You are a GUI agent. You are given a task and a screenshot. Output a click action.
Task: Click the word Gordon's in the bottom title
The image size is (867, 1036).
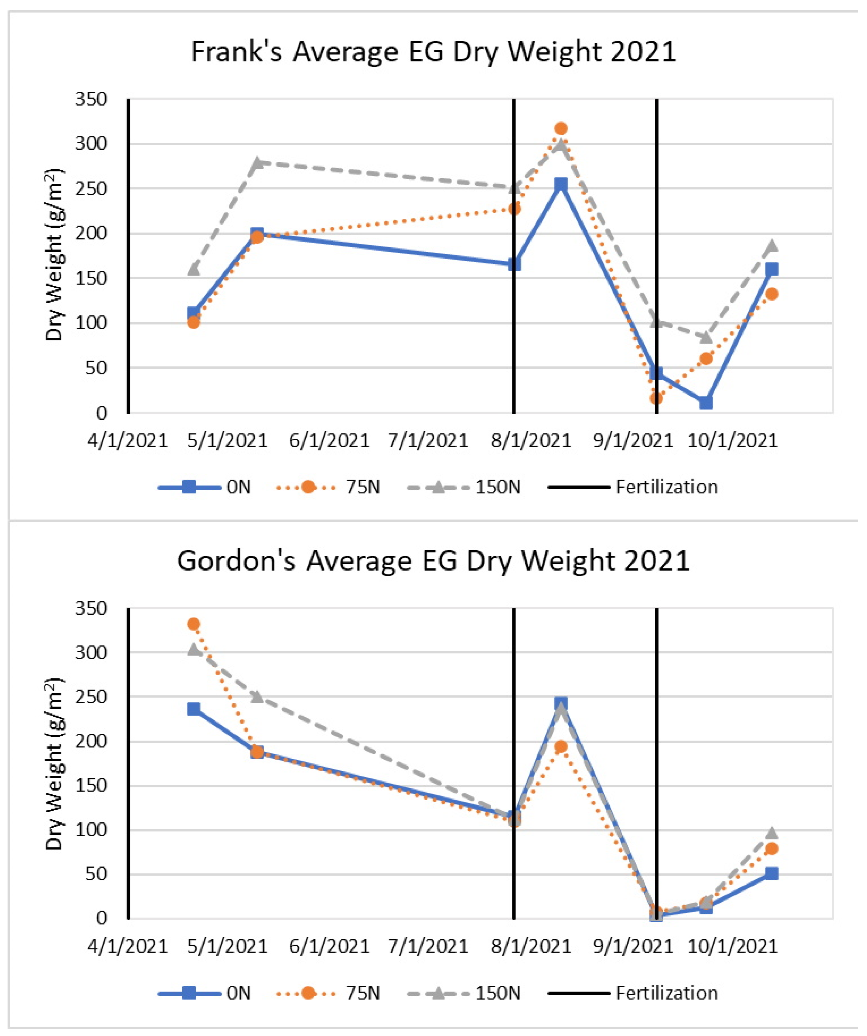(236, 561)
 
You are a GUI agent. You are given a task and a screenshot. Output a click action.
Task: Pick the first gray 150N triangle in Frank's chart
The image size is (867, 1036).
(194, 269)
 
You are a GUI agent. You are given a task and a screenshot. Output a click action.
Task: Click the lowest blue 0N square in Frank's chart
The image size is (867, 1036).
(706, 403)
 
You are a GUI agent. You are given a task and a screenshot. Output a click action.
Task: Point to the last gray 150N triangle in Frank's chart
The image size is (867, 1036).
(772, 246)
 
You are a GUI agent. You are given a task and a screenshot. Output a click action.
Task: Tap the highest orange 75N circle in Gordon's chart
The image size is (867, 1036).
(194, 624)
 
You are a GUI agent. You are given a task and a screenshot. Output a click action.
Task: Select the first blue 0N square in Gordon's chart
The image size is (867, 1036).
(194, 709)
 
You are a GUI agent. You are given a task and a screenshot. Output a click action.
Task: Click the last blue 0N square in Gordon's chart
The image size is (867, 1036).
(772, 874)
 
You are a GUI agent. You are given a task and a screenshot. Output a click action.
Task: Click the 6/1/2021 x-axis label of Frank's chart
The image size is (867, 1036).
(329, 440)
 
